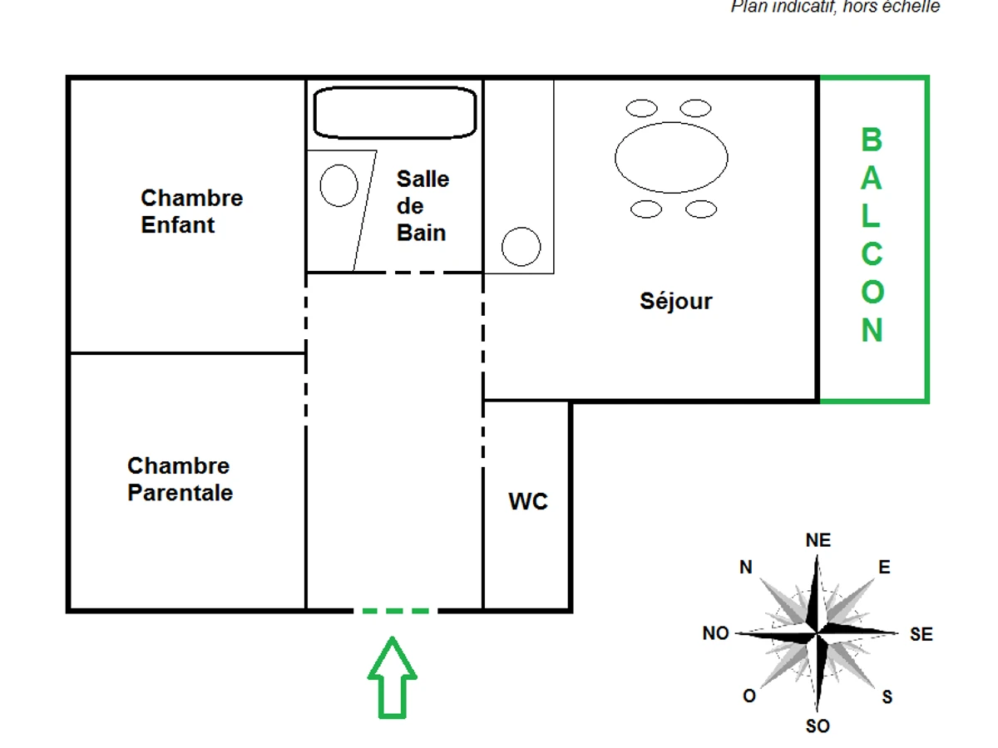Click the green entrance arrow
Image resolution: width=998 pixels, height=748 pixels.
[x=392, y=678]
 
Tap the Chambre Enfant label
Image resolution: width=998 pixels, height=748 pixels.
[x=191, y=211]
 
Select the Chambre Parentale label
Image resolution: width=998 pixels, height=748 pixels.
[x=180, y=479]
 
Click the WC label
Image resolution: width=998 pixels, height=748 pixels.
[x=528, y=502]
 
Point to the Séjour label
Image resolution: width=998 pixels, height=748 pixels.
[x=676, y=301]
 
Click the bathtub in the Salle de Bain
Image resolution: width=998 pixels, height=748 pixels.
[x=394, y=112]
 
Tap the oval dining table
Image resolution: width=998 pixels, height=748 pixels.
[x=671, y=157]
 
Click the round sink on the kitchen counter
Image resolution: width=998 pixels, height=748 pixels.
[x=521, y=247]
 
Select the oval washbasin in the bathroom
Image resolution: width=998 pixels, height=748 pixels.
[x=338, y=185]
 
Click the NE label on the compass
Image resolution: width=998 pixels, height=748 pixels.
[x=818, y=540]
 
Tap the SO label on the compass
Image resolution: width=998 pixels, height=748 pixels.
[x=818, y=726]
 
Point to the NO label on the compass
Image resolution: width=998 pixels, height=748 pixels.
[x=715, y=633]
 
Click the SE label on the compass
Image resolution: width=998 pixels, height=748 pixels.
[x=921, y=634]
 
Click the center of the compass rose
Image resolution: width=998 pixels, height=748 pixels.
[x=818, y=633]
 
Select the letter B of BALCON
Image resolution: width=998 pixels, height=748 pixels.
[x=871, y=140]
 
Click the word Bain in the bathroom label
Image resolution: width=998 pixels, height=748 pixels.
[x=421, y=233]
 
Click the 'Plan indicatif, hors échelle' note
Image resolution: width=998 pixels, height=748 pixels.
[x=835, y=7]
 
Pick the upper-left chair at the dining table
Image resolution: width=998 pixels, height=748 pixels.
[x=641, y=108]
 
